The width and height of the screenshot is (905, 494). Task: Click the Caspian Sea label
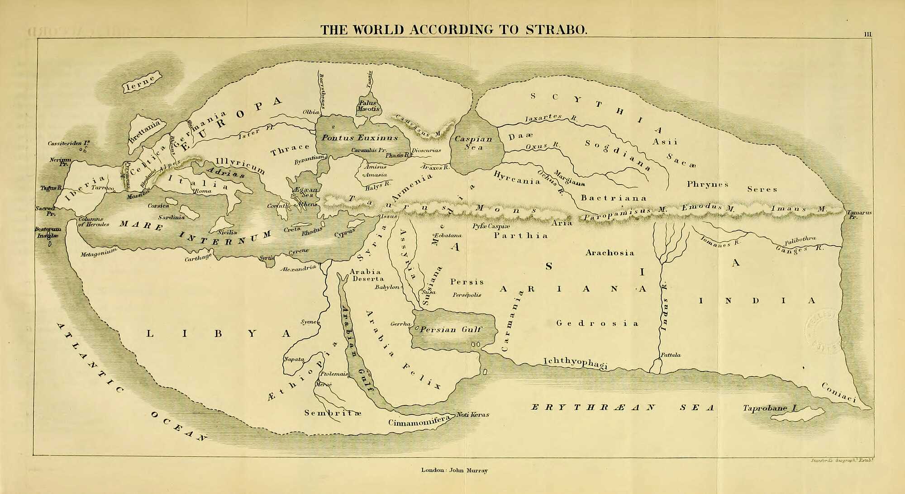(473, 143)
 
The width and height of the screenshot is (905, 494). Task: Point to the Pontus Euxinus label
(360, 138)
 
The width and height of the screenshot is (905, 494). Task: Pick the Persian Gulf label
(451, 329)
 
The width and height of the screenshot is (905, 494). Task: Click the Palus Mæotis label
(369, 106)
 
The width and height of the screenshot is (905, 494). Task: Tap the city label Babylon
(387, 287)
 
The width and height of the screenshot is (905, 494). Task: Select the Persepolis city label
(467, 295)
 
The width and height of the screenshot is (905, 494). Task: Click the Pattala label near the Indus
(670, 355)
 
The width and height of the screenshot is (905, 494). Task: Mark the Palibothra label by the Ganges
(800, 240)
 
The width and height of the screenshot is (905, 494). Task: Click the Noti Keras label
(472, 414)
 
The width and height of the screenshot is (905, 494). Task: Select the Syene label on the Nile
(309, 322)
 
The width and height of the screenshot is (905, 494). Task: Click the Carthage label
(198, 258)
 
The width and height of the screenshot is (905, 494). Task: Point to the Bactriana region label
(614, 198)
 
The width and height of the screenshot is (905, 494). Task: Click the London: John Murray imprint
(454, 470)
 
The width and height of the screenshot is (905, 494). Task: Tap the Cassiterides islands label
(69, 143)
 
